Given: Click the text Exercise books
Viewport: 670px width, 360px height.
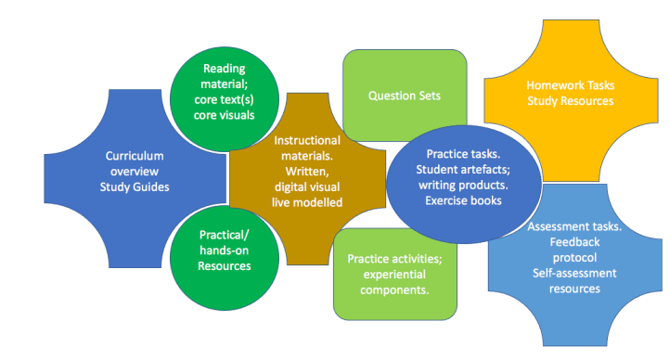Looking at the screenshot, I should point(463,200).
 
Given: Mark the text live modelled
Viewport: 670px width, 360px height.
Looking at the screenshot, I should point(306,202).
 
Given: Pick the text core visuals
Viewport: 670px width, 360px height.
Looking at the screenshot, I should point(225,116).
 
